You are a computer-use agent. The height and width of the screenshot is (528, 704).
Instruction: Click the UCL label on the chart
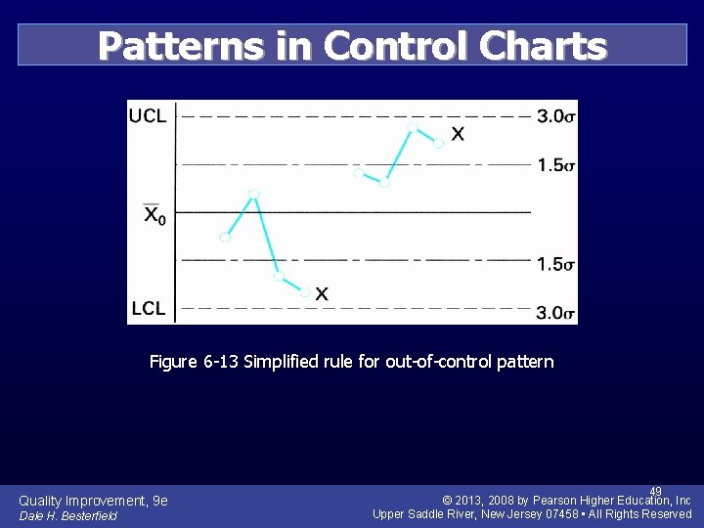tap(148, 115)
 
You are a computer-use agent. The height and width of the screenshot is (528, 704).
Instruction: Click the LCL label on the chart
tap(148, 309)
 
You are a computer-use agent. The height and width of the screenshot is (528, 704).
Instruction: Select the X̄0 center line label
tap(154, 215)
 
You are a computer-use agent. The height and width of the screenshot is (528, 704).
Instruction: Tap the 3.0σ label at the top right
tap(555, 116)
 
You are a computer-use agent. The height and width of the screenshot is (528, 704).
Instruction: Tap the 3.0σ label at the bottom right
tap(555, 313)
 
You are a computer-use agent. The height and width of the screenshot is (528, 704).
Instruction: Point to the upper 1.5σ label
tap(555, 165)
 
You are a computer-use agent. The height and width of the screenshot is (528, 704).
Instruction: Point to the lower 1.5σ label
tap(555, 265)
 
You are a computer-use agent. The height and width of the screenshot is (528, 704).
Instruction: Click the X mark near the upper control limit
tap(458, 134)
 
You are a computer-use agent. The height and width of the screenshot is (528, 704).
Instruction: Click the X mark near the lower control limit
tap(322, 293)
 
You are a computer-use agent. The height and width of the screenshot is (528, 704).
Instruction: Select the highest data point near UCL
tap(412, 126)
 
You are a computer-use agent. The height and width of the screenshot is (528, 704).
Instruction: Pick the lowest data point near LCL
tap(305, 291)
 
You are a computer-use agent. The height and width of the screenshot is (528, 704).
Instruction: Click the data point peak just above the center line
tap(253, 195)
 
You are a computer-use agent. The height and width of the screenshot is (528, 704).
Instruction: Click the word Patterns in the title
tap(182, 46)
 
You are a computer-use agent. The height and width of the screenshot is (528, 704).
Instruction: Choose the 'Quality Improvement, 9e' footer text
tap(93, 501)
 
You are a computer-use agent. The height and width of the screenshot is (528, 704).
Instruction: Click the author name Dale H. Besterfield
tap(67, 516)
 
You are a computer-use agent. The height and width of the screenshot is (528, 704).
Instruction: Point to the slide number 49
tap(656, 491)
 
